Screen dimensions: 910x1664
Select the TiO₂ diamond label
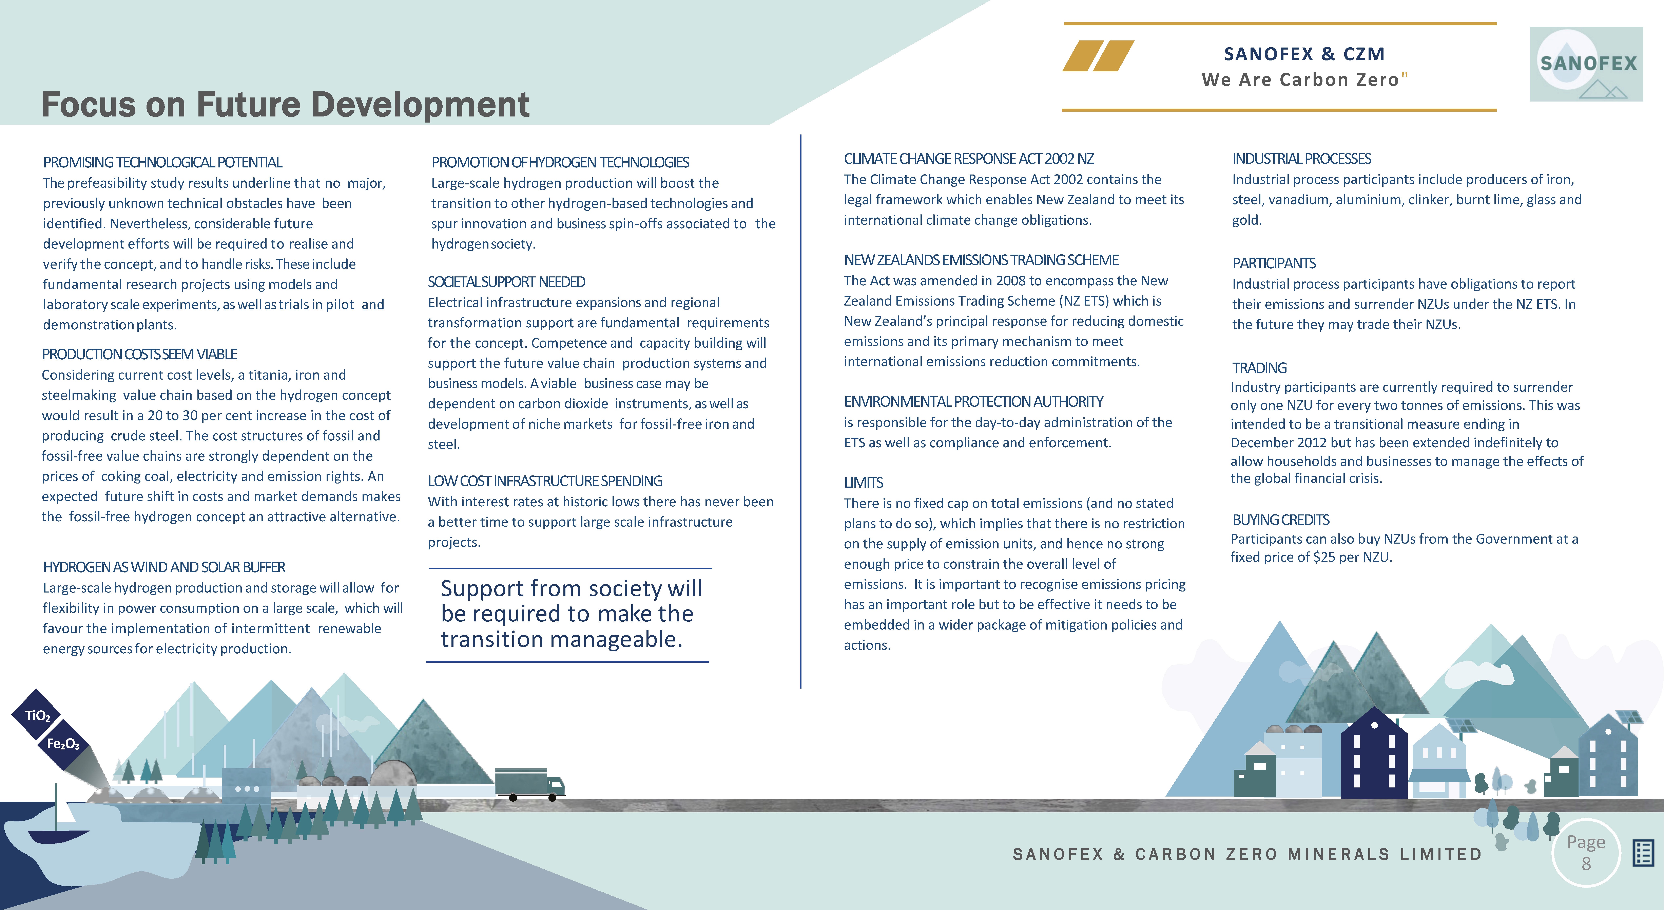[x=37, y=715]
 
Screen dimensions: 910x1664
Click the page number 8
[x=1586, y=863]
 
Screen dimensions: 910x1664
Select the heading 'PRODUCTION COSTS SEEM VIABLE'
[x=139, y=354]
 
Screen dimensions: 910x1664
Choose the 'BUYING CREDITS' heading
[x=1280, y=520]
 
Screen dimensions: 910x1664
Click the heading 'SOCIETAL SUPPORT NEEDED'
[x=506, y=282]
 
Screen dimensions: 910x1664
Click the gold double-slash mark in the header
[x=1098, y=56]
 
